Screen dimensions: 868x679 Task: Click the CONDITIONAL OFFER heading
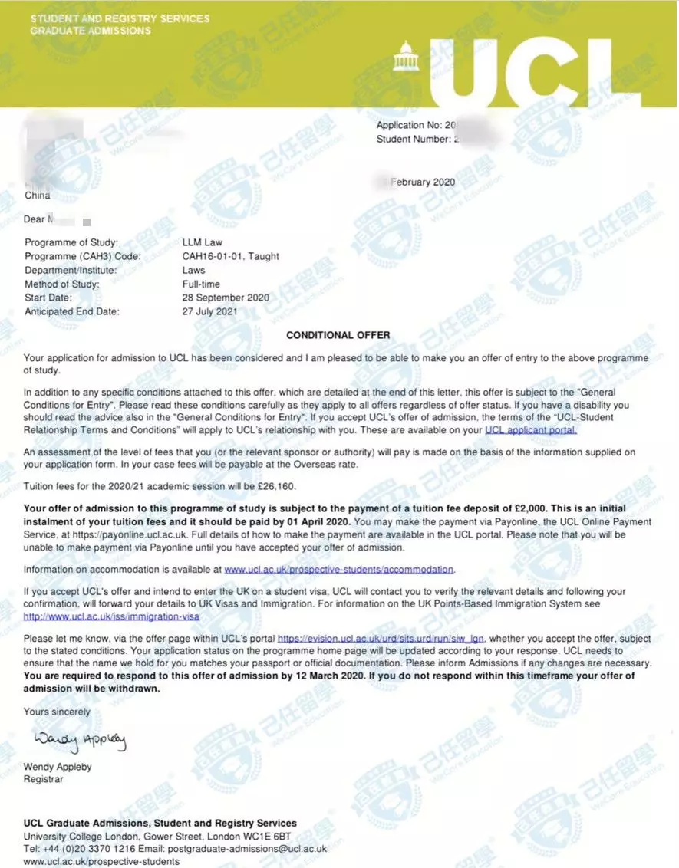(338, 335)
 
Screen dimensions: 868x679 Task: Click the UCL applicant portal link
(530, 431)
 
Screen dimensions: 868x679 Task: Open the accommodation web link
(338, 570)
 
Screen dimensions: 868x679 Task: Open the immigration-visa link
(112, 616)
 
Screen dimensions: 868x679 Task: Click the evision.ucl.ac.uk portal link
(381, 639)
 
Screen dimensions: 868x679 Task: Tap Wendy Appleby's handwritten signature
(80, 741)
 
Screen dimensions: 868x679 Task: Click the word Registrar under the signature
(44, 779)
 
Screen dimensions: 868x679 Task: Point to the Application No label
(409, 125)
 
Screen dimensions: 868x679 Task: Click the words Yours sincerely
(57, 712)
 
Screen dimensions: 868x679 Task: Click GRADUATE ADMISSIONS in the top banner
(91, 31)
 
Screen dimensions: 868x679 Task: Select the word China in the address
(37, 196)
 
